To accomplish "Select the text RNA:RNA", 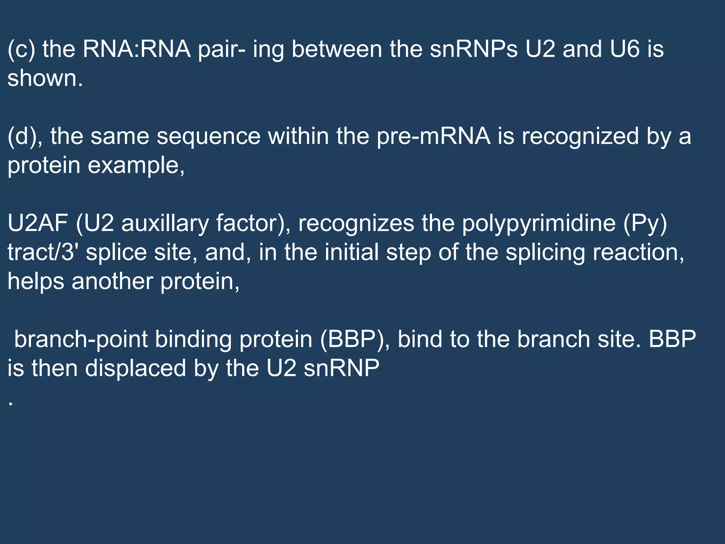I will [x=137, y=49].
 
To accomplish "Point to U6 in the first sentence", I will [x=625, y=49].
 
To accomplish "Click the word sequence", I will [x=209, y=136].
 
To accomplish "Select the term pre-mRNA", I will [x=434, y=136].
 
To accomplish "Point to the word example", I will [x=136, y=165].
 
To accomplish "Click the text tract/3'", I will [x=43, y=253].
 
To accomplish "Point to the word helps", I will [x=36, y=282].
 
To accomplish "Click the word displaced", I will [x=136, y=369].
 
